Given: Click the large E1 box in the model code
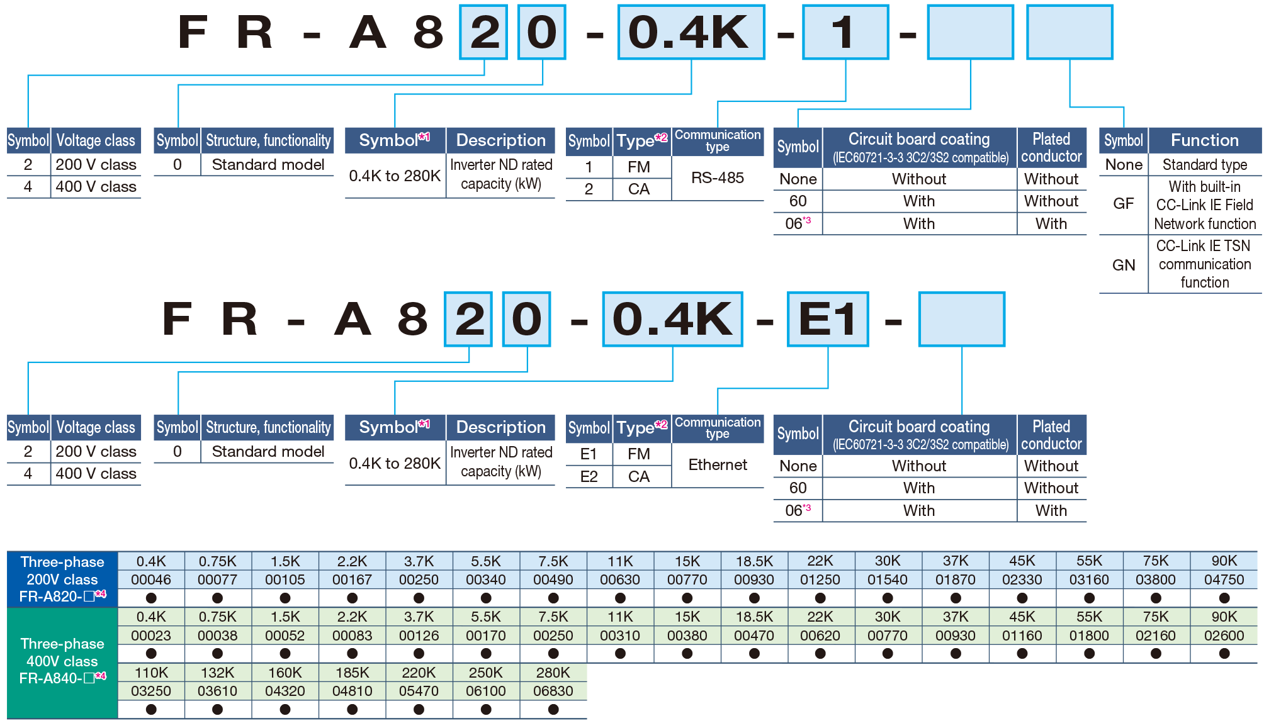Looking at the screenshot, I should [x=827, y=319].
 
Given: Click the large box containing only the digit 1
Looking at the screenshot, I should [x=845, y=32].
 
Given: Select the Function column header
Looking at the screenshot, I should [x=1204, y=140].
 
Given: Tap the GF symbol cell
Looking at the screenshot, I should [x=1124, y=204].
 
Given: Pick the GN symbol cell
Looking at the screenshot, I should [x=1124, y=265].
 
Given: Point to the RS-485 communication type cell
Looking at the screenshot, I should [x=718, y=178].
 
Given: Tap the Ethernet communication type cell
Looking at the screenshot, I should [x=718, y=465].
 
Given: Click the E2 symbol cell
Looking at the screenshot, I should [x=589, y=477].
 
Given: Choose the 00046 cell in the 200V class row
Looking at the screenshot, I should [x=151, y=580].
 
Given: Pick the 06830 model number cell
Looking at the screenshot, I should [x=553, y=691].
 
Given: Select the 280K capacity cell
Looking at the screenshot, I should [x=553, y=673].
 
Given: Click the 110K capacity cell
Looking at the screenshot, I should [x=151, y=673].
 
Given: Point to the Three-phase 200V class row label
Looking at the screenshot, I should [x=62, y=579].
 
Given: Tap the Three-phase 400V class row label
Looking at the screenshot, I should [x=62, y=661].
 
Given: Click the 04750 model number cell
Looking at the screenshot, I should [x=1224, y=580].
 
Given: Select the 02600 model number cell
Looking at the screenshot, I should [x=1224, y=636].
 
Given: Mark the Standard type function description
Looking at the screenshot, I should [x=1204, y=165].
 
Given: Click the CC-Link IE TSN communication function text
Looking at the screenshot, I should [x=1204, y=264].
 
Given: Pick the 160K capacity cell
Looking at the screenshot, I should [x=285, y=673].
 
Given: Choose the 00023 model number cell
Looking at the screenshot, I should [x=151, y=636].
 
